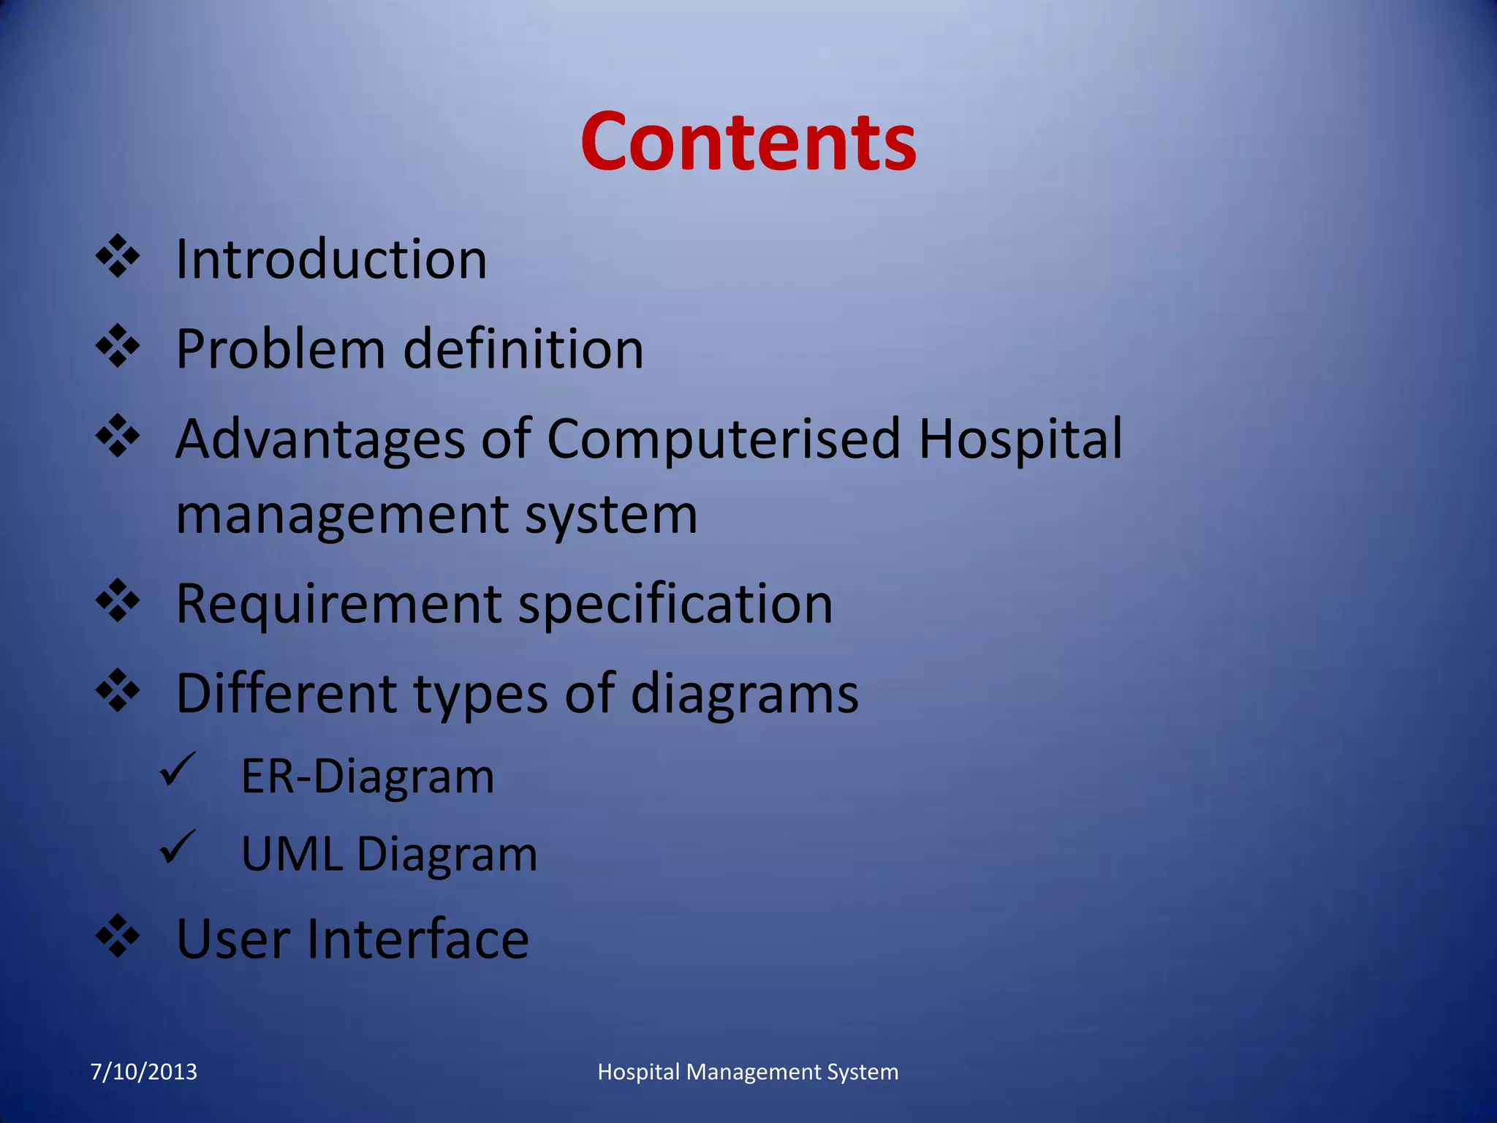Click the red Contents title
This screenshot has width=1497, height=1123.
tap(748, 142)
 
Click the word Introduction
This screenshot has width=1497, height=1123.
tap(331, 260)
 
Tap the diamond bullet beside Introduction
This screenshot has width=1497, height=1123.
tap(118, 257)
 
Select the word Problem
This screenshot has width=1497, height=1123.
tap(280, 349)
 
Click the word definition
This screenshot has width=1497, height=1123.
tap(523, 349)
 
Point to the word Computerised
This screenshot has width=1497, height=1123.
tap(723, 439)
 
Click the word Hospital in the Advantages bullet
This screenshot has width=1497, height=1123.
tap(1020, 439)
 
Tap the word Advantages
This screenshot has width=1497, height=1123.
tap(320, 439)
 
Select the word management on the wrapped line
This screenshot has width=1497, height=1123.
tap(341, 514)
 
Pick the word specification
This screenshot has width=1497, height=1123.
tap(675, 604)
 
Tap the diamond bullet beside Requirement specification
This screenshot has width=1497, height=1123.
tap(118, 601)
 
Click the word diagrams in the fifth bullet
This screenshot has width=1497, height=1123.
tap(744, 693)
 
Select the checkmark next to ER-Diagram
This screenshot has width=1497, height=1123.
tap(177, 769)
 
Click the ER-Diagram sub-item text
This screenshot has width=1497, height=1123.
tap(368, 776)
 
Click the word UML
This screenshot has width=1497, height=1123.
tap(291, 854)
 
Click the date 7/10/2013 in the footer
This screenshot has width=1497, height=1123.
tap(143, 1072)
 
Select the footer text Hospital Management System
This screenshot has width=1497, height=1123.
tap(748, 1072)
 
